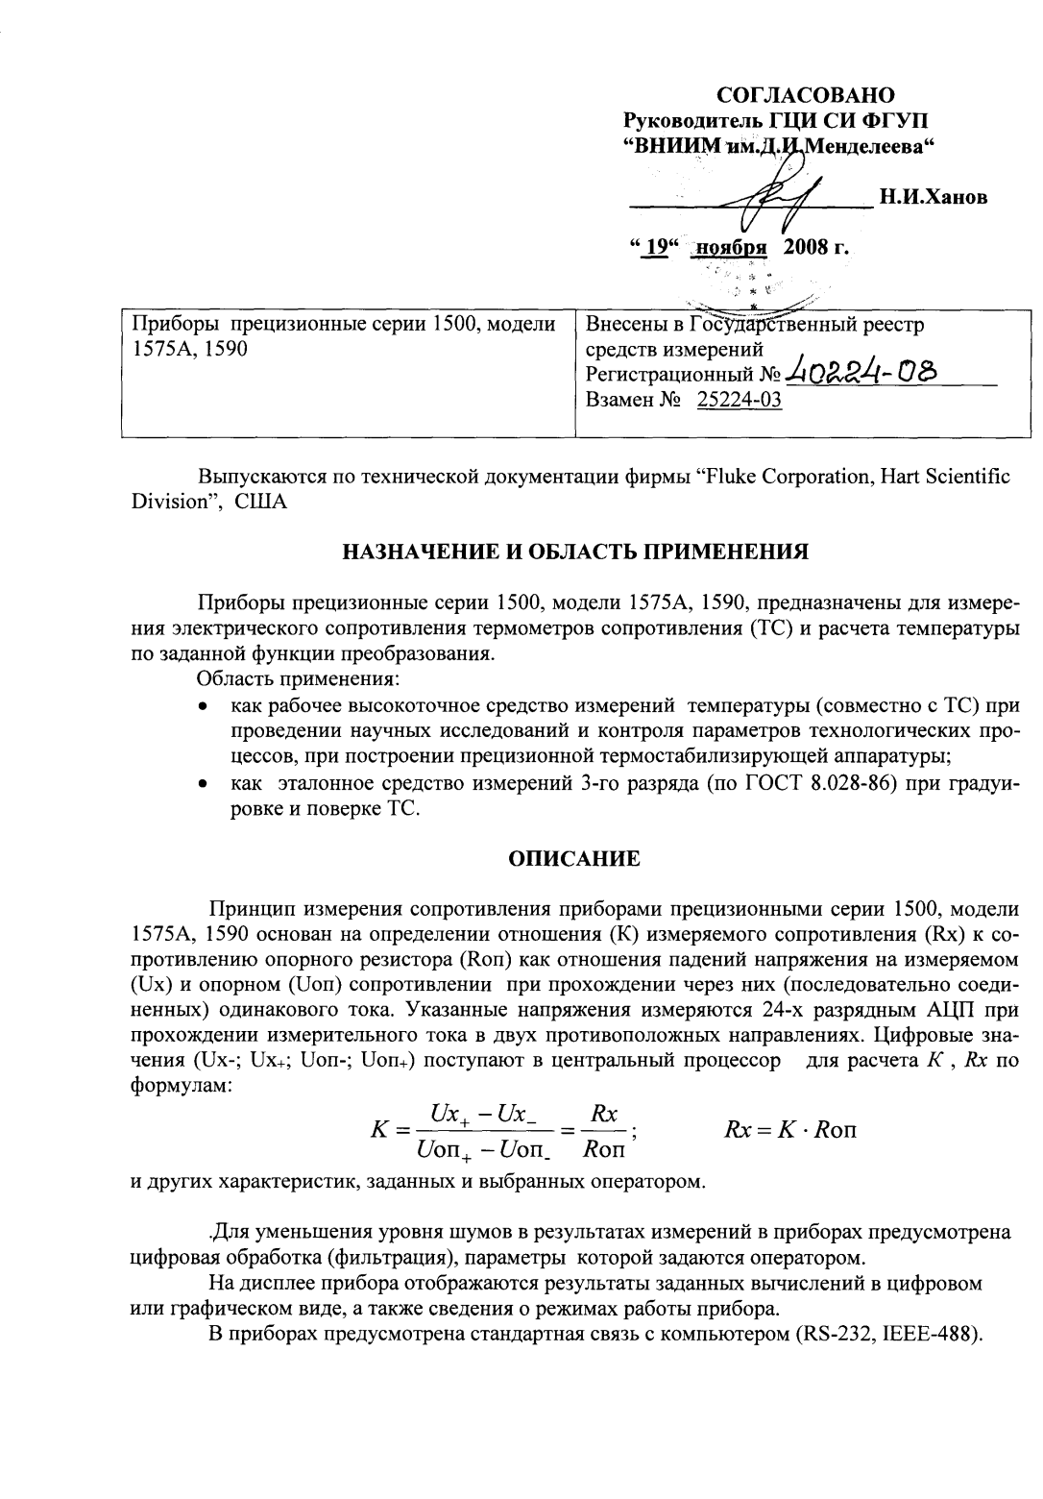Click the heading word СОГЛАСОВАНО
[806, 95]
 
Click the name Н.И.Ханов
[934, 198]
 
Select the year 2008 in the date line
[805, 247]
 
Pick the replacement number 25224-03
[739, 401]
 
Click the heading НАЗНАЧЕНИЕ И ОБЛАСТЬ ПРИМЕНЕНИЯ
[575, 552]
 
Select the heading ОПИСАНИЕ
[574, 859]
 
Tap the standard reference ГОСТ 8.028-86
[820, 782]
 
